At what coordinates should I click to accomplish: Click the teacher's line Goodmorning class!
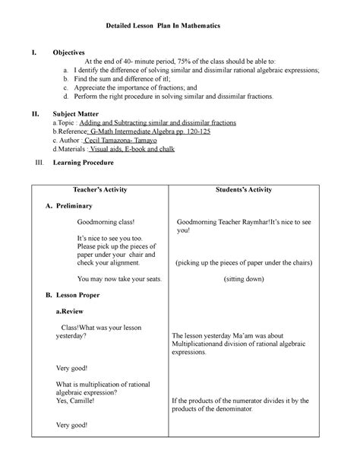106,222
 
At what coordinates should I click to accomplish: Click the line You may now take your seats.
119,279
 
